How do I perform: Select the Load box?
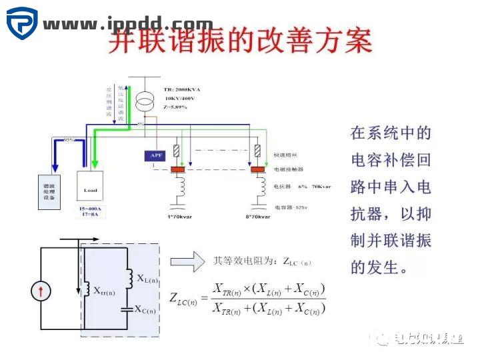click(90, 189)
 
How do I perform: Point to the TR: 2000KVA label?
click(182, 89)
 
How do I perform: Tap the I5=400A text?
click(90, 209)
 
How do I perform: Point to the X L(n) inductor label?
click(147, 278)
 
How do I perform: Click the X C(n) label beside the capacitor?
click(145, 310)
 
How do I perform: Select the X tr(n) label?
click(104, 291)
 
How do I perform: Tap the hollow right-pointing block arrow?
click(187, 262)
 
